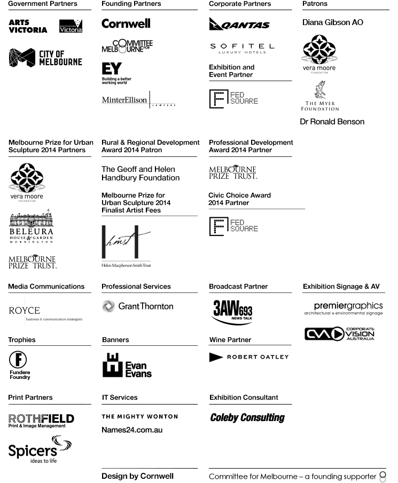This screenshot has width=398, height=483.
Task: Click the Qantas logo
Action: click(x=239, y=24)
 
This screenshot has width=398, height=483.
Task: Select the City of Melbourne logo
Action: click(x=45, y=58)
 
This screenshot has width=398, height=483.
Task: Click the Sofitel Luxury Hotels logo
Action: click(x=242, y=48)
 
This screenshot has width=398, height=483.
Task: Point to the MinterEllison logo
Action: click(x=138, y=100)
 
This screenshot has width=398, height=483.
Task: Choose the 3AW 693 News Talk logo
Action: click(x=232, y=311)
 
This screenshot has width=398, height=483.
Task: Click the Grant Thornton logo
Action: click(x=137, y=306)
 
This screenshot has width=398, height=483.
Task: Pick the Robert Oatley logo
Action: click(x=248, y=357)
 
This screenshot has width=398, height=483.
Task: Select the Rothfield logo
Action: click(x=41, y=420)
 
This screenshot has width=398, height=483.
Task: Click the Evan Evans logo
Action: click(x=127, y=366)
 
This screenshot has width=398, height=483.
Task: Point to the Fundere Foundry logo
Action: click(x=19, y=365)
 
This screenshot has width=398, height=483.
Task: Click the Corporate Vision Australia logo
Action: click(x=339, y=334)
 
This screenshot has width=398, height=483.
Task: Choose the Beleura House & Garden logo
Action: click(x=32, y=228)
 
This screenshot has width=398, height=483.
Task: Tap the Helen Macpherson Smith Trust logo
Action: click(x=126, y=246)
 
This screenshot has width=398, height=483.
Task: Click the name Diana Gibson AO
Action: click(x=332, y=22)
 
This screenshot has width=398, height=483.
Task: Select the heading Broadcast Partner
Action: click(x=238, y=287)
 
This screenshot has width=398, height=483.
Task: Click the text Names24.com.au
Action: click(x=132, y=430)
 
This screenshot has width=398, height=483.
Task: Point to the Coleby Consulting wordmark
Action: click(x=247, y=418)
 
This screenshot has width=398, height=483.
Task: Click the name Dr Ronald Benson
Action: click(x=332, y=122)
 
